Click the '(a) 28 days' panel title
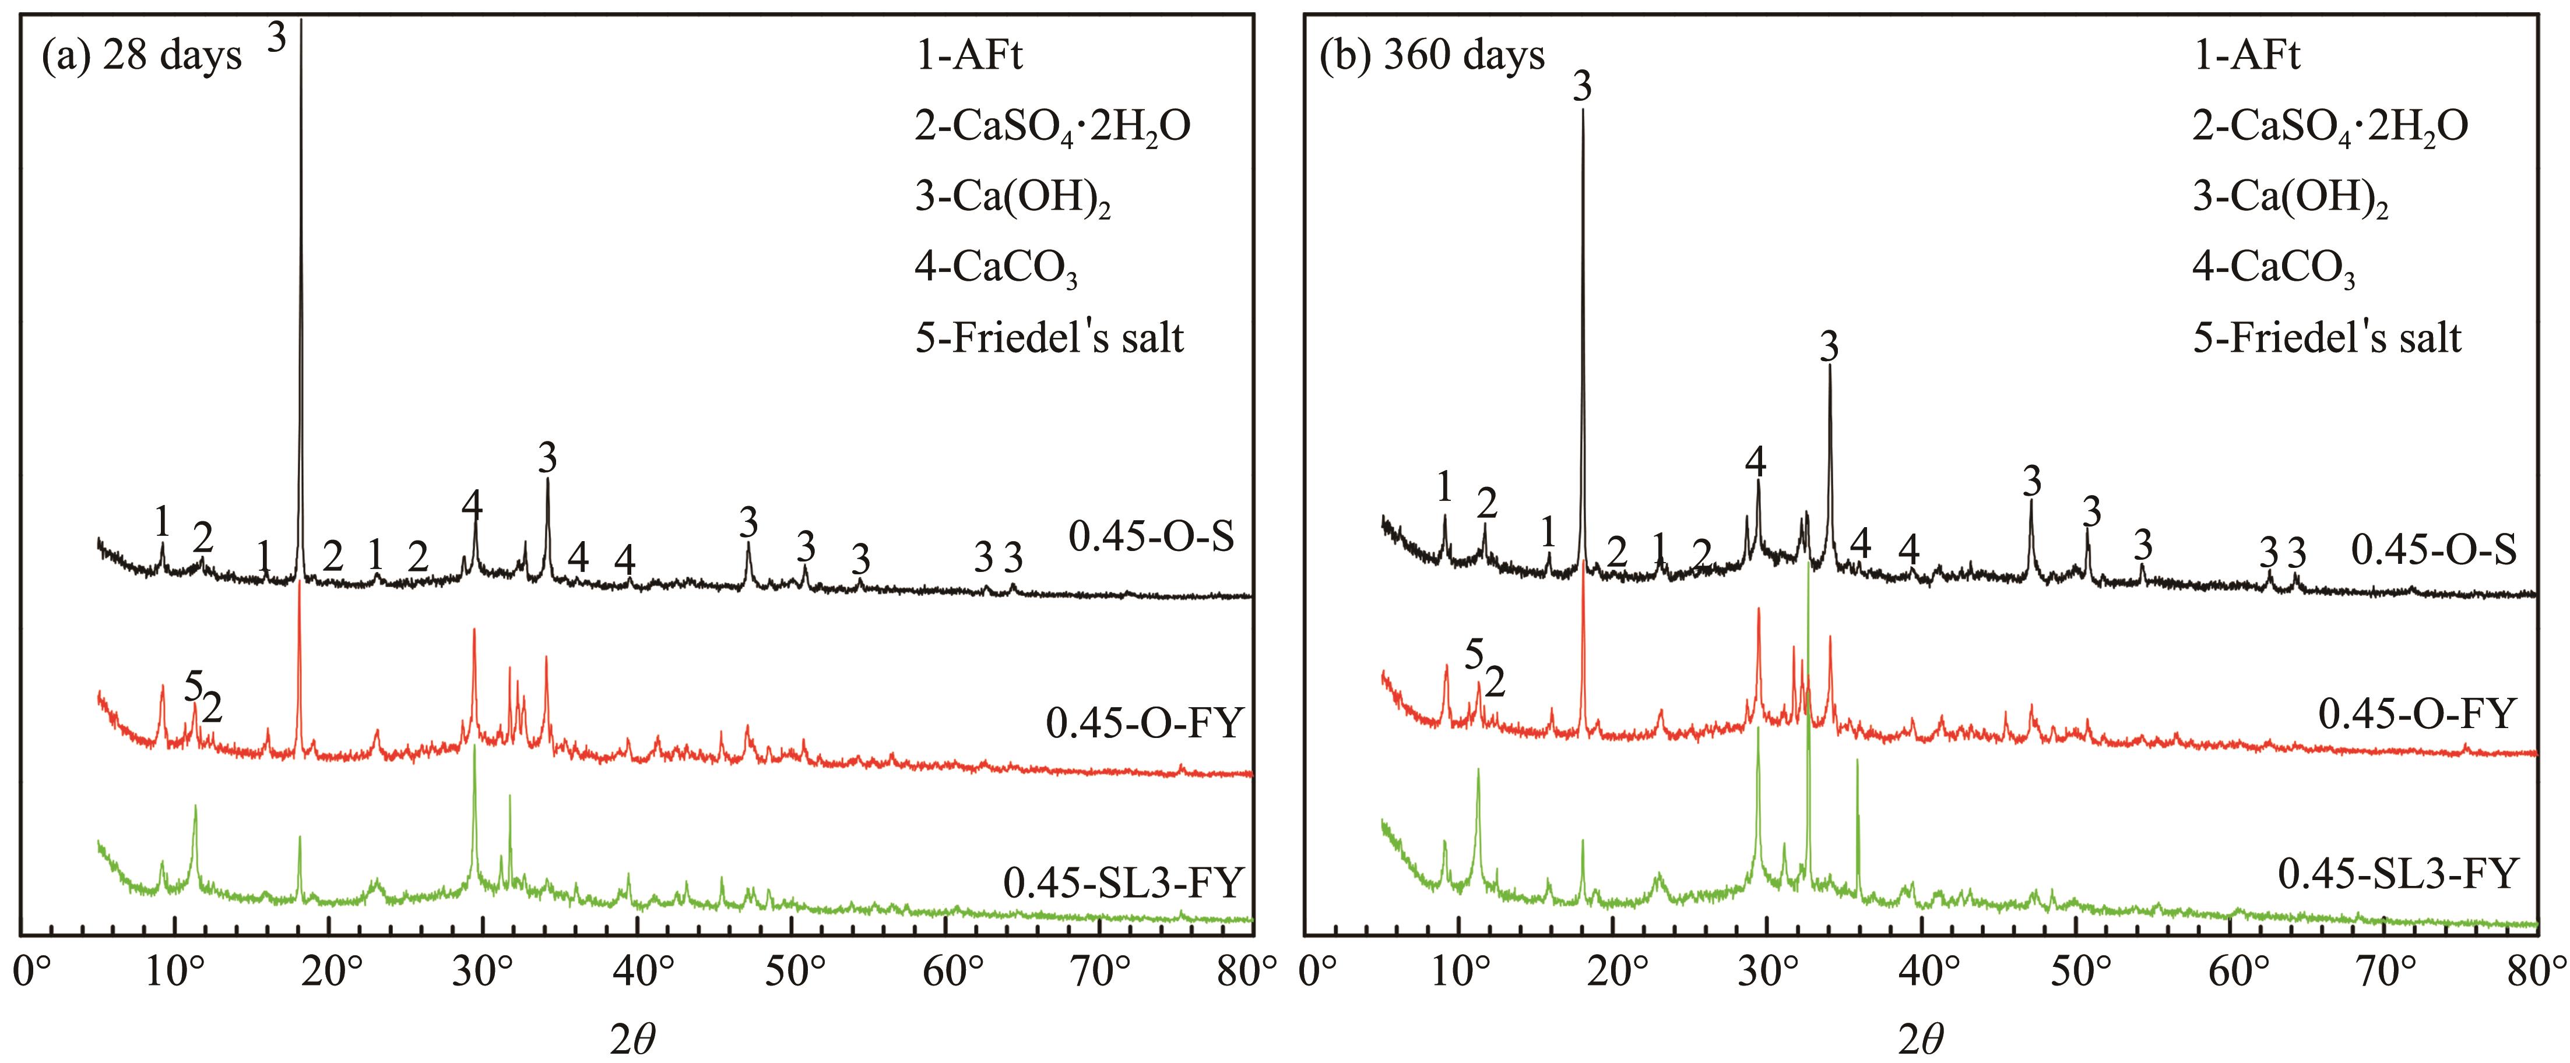(142, 56)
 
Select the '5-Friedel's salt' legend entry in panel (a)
(1050, 339)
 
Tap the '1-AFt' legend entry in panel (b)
(2246, 56)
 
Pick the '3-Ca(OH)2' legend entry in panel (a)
(1012, 199)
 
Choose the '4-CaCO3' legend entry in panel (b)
(2274, 269)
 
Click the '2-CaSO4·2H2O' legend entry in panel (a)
(1053, 126)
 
